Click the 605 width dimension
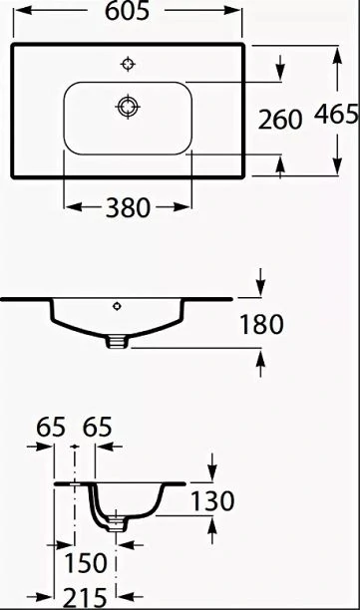(127, 11)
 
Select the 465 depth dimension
(336, 115)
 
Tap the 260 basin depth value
(280, 120)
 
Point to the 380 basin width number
(128, 207)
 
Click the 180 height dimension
(261, 325)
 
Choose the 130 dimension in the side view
(212, 500)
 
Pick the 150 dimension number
(85, 563)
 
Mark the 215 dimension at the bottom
(85, 598)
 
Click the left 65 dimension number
(51, 428)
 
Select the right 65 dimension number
(98, 428)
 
